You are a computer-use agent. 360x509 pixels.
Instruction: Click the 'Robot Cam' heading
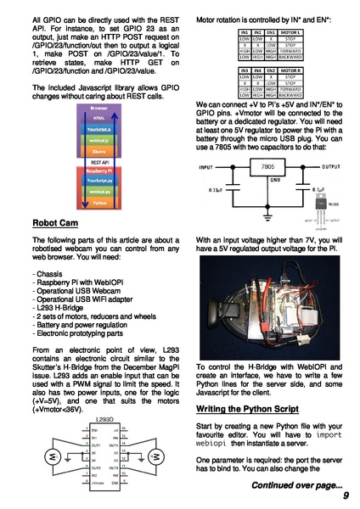(55, 224)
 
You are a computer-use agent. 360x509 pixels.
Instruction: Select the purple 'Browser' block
(98, 109)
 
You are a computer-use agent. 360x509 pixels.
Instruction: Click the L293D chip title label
(104, 420)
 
